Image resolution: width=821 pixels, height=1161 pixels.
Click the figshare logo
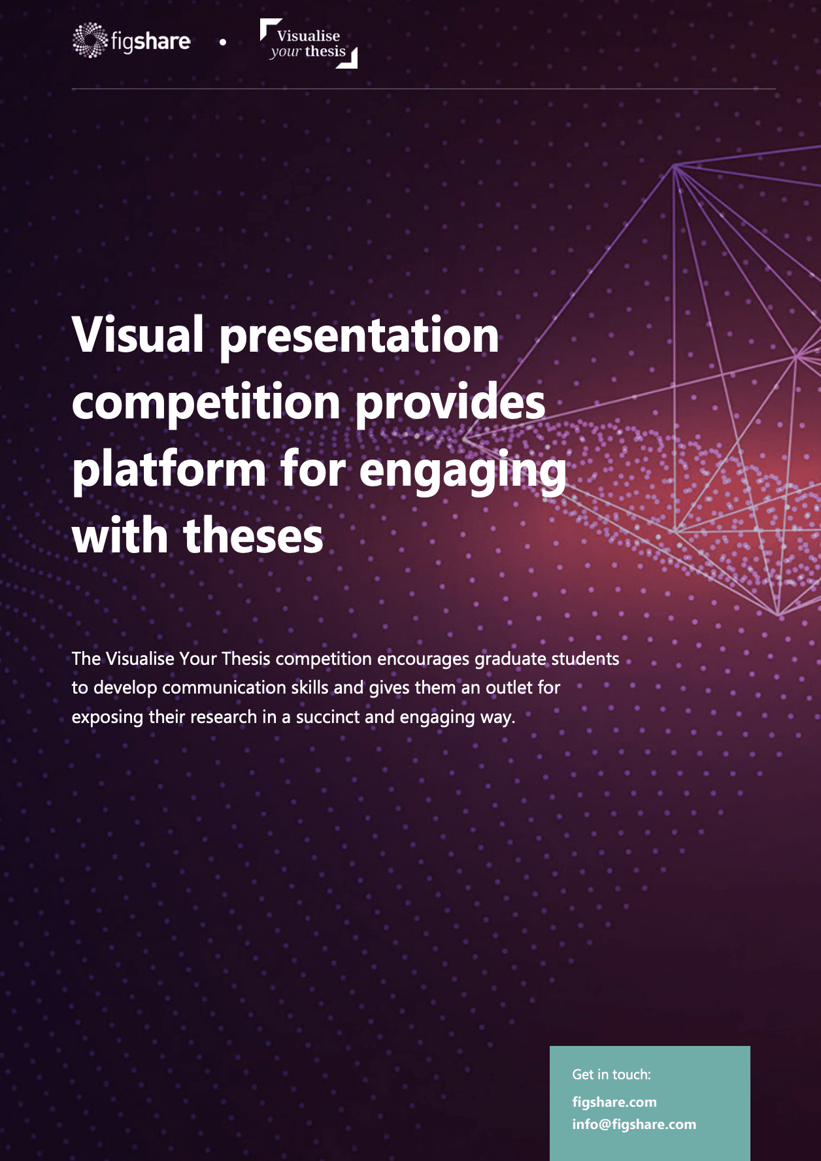[131, 41]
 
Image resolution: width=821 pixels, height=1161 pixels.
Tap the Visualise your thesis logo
[309, 43]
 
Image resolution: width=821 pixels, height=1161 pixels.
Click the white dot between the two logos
[223, 42]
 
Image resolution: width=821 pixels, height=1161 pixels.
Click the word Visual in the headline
[138, 335]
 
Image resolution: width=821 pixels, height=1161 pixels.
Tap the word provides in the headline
[450, 402]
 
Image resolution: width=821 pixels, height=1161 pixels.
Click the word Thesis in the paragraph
[246, 658]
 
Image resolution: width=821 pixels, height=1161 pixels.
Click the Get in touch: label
[612, 1075]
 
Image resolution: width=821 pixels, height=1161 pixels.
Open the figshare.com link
[614, 1102]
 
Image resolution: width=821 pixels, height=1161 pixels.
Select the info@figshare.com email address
[634, 1124]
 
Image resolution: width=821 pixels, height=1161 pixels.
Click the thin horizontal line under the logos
[424, 88]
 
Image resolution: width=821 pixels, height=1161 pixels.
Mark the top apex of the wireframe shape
[675, 165]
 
